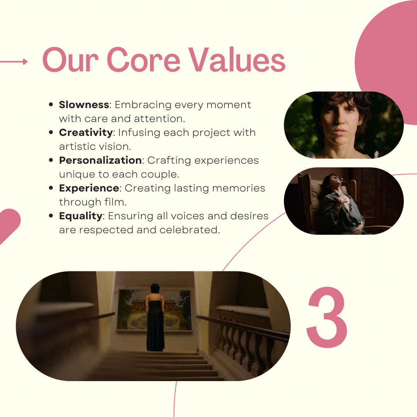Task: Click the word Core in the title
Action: [144, 60]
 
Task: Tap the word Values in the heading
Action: [237, 60]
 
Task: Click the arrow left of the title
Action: [14, 62]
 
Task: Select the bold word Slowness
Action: [84, 105]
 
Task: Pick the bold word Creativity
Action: [86, 133]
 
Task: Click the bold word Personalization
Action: [100, 160]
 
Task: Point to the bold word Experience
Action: [89, 188]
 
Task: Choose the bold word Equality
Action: [81, 216]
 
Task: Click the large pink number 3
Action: [327, 317]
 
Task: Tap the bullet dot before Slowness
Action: [51, 105]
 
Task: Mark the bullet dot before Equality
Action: [51, 216]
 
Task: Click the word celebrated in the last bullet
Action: [188, 230]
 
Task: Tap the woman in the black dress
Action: [156, 317]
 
